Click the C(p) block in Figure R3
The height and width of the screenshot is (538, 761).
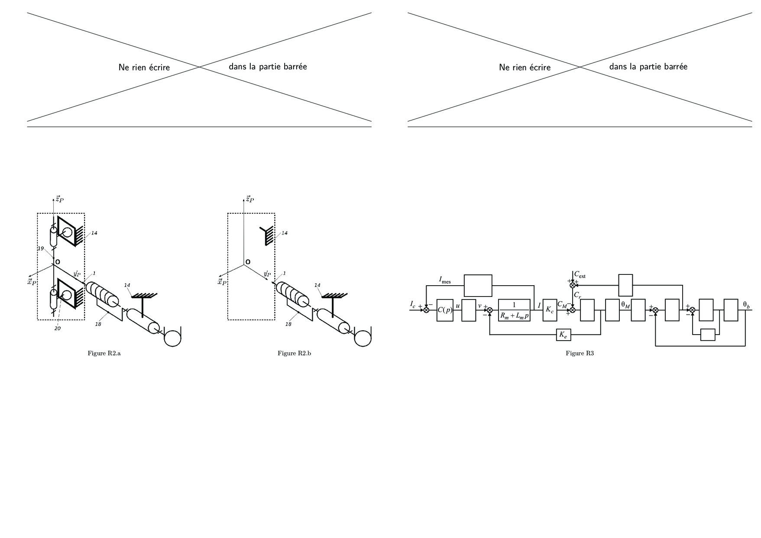[x=445, y=310]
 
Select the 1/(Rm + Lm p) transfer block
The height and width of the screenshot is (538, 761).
[x=514, y=310]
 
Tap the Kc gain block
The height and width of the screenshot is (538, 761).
[x=550, y=310]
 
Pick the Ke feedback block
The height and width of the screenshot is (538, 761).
[x=563, y=335]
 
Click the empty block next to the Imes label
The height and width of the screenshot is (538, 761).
[x=478, y=286]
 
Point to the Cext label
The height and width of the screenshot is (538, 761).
[x=580, y=275]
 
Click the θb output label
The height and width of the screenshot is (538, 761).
[x=746, y=305]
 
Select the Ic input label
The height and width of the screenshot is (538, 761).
[x=413, y=304]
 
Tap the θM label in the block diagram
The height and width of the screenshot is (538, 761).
[x=625, y=305]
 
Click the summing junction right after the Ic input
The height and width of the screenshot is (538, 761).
[x=426, y=310]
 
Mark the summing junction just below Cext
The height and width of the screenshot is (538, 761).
[x=572, y=285]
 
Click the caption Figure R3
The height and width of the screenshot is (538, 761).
[x=580, y=354]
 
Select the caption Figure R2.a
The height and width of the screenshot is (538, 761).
[x=104, y=354]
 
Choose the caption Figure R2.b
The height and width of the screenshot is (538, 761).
[x=295, y=354]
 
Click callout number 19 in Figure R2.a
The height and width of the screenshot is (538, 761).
[x=41, y=249]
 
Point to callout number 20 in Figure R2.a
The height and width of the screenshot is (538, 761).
[x=57, y=329]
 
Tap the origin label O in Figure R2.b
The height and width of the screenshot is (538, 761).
[x=248, y=262]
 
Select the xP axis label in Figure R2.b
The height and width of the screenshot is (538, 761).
[x=222, y=282]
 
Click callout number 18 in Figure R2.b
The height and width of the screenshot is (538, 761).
[x=288, y=324]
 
